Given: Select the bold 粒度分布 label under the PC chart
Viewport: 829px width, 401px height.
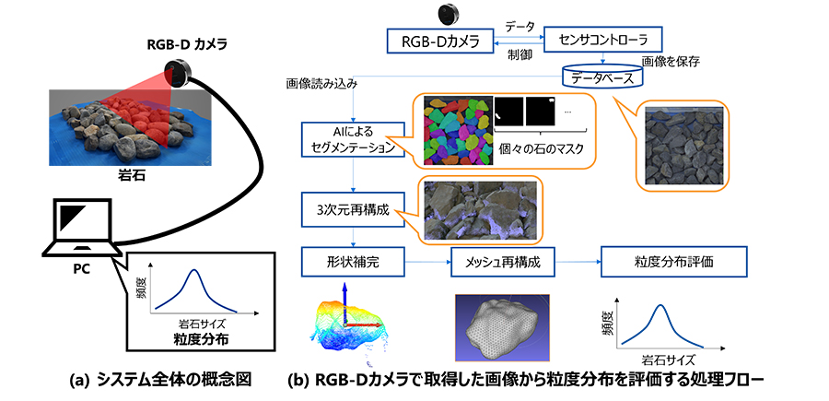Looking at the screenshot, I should tap(194, 340).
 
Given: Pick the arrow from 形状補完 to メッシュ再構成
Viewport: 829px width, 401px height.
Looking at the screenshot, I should tap(428, 263).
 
